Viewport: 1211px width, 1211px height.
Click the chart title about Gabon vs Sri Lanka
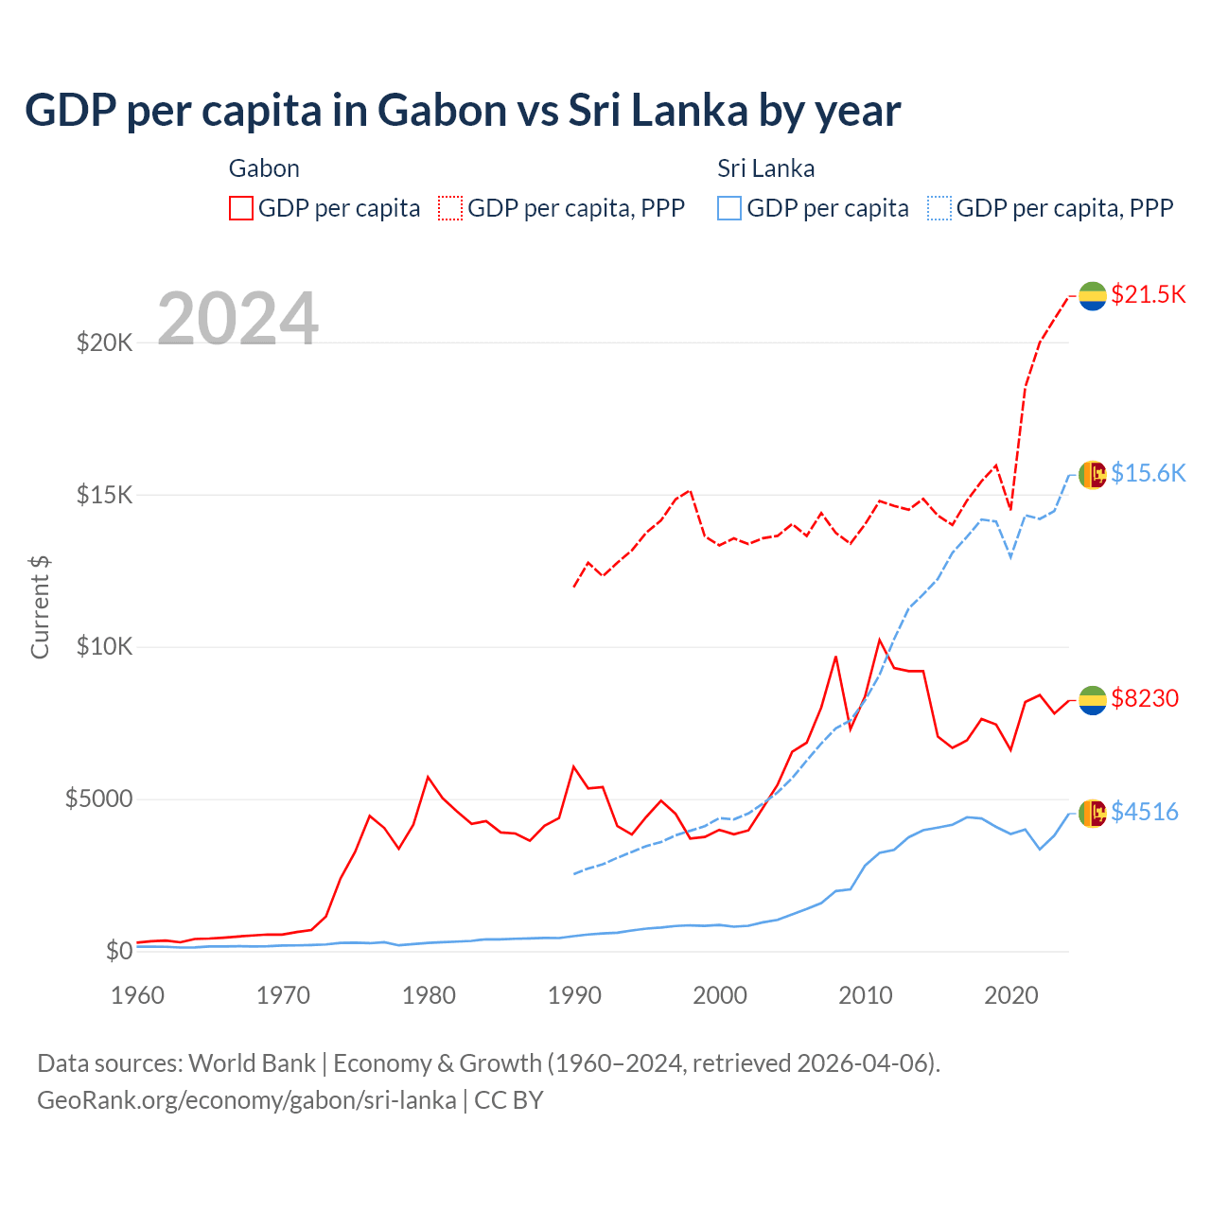(463, 111)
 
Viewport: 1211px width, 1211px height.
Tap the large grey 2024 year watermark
(237, 319)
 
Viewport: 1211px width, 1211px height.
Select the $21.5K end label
(1148, 294)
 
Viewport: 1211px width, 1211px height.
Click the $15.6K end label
(1148, 473)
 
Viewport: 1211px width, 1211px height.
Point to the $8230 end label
(1145, 698)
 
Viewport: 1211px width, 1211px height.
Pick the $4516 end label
(1145, 812)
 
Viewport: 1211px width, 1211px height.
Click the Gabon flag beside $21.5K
(1093, 295)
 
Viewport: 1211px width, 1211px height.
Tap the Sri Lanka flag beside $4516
(1093, 813)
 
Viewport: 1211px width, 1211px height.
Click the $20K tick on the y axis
(104, 342)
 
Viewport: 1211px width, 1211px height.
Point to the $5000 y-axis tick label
(98, 799)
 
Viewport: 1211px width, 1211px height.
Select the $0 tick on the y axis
(118, 951)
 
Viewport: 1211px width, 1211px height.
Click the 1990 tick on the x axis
(574, 995)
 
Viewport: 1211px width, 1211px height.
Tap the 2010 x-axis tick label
(866, 995)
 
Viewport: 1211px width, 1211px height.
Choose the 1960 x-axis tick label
(138, 995)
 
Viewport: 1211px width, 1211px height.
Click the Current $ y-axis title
(40, 607)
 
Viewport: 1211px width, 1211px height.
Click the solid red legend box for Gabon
(241, 208)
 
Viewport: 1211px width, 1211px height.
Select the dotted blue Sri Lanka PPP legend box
(939, 208)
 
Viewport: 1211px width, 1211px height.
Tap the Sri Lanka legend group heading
(765, 168)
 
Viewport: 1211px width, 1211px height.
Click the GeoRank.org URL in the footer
(246, 1100)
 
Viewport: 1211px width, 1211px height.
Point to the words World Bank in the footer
(252, 1063)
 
